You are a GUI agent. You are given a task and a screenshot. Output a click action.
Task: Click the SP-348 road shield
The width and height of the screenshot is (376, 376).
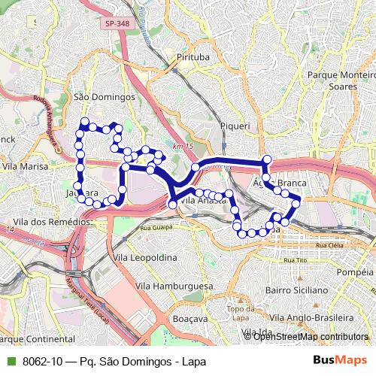point(117,24)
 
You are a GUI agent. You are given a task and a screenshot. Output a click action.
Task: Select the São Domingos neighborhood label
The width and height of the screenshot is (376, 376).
point(104,97)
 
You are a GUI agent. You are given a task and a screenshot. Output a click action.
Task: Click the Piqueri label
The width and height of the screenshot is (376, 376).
point(234,126)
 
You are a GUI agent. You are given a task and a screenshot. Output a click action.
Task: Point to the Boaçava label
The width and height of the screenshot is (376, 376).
point(189,319)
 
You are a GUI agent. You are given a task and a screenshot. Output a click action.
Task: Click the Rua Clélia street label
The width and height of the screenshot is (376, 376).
point(331,245)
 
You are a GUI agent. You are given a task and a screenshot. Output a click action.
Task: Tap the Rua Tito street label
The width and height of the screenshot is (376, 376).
point(299,259)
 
